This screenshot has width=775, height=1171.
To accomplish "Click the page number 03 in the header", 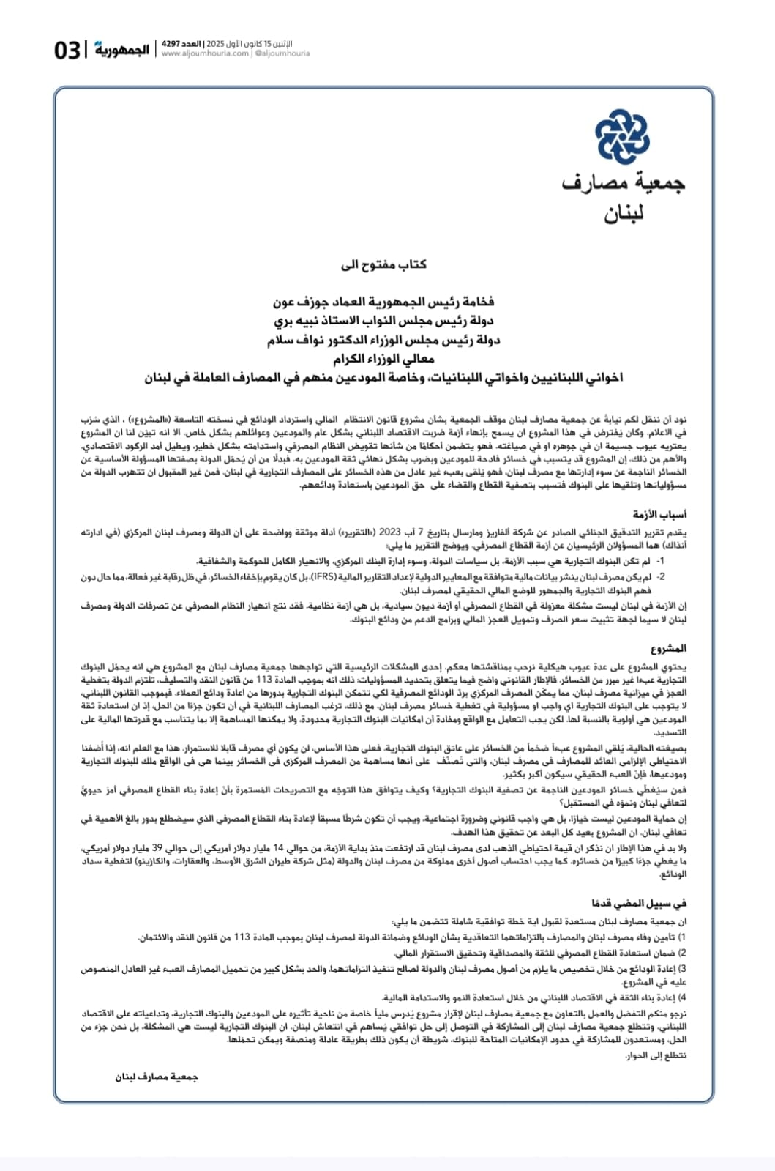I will click(x=67, y=51).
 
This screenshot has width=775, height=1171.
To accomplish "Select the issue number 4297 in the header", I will click(x=171, y=44).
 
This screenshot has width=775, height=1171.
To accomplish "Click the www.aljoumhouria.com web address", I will click(x=205, y=53).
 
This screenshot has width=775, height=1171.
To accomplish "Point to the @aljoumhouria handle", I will click(x=282, y=53).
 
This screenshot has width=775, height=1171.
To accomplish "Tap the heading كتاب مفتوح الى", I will click(x=384, y=265).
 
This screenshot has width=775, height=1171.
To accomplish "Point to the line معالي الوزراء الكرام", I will click(x=384, y=360).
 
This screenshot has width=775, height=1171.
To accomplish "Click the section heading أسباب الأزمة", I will click(x=660, y=515).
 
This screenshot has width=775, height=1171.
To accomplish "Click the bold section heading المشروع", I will click(x=669, y=649).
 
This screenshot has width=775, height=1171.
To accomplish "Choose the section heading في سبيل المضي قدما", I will click(x=640, y=904).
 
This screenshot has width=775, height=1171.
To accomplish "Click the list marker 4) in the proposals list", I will click(x=682, y=998).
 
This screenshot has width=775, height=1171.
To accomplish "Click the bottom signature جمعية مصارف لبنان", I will click(x=157, y=1077).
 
